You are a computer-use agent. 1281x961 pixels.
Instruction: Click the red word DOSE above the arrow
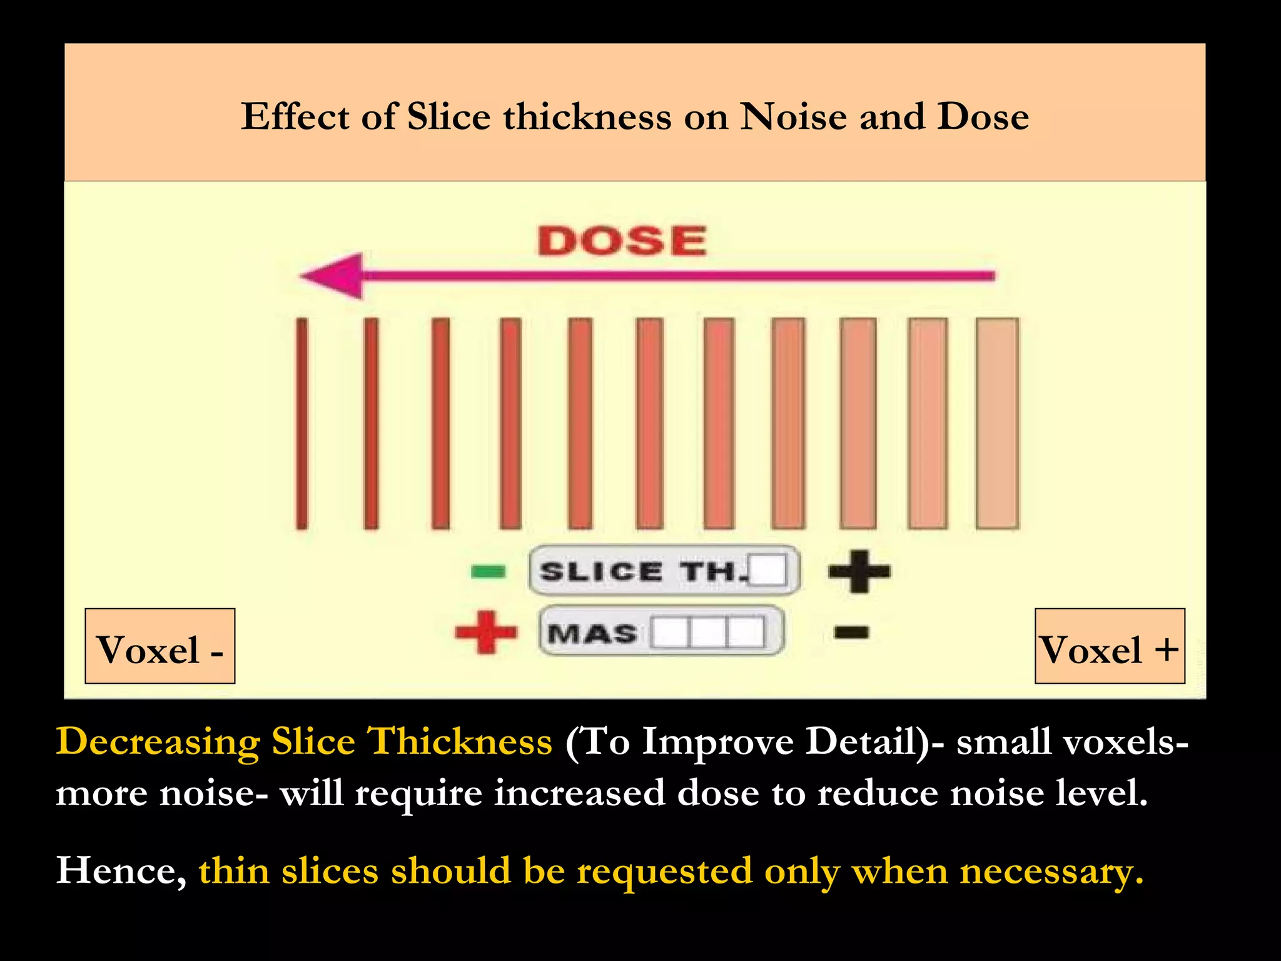pyautogui.click(x=622, y=242)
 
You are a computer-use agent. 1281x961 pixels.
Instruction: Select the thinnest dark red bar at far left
pyautogui.click(x=302, y=423)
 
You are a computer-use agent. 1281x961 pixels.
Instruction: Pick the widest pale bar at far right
pyautogui.click(x=997, y=423)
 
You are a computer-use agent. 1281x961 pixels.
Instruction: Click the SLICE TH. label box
pyautogui.click(x=664, y=571)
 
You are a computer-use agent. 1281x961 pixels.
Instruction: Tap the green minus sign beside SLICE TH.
pyautogui.click(x=488, y=571)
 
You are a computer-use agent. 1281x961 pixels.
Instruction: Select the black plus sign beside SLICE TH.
pyautogui.click(x=859, y=571)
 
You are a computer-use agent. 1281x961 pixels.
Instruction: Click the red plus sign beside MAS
pyautogui.click(x=486, y=632)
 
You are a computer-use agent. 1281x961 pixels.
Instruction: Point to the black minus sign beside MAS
pyautogui.click(x=851, y=632)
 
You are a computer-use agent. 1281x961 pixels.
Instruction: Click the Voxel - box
pyautogui.click(x=160, y=646)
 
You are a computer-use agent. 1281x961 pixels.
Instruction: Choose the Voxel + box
pyautogui.click(x=1110, y=646)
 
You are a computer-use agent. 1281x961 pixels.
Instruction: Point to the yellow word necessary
pyautogui.click(x=1051, y=872)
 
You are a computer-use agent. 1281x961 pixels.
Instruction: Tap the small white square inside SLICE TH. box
pyautogui.click(x=768, y=570)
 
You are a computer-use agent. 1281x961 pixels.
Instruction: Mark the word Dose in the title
pyautogui.click(x=982, y=117)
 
